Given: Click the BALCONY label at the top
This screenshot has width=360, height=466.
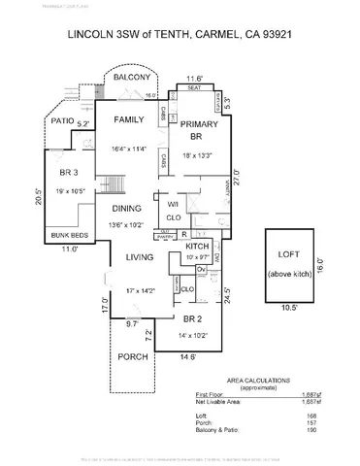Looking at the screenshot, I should pyautogui.click(x=131, y=77).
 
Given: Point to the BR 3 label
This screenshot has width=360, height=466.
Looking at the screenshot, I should pyautogui.click(x=69, y=173).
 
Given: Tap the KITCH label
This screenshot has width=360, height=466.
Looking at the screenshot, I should pyautogui.click(x=198, y=249).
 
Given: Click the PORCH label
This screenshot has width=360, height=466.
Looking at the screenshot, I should pyautogui.click(x=132, y=355).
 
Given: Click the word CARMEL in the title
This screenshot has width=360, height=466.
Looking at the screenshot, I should pyautogui.click(x=203, y=33).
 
